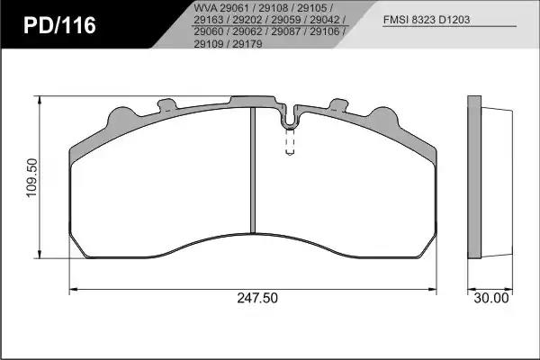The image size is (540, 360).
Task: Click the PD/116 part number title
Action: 59,25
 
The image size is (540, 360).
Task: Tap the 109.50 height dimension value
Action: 31,177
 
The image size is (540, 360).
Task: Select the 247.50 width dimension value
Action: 257,298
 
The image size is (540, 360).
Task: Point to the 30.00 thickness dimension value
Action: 491,298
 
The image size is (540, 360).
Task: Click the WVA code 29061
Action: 234,7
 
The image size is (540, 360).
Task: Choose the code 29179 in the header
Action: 247,44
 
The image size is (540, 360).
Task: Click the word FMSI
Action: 396,20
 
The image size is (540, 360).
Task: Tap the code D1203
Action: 454,20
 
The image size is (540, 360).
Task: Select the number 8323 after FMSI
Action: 423,20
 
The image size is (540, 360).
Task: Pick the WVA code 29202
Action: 247,20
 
